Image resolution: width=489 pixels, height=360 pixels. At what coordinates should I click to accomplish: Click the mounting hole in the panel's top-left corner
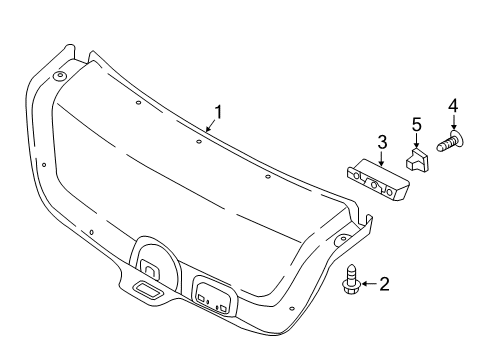pyautogui.click(x=59, y=76)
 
